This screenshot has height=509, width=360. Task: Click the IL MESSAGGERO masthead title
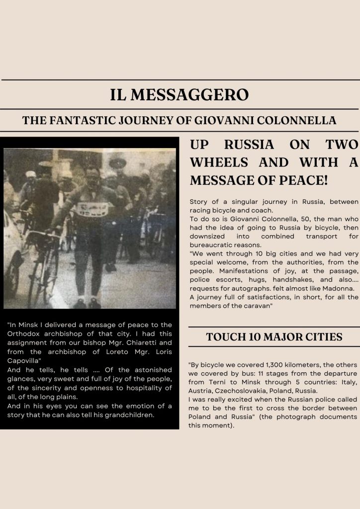click(180, 94)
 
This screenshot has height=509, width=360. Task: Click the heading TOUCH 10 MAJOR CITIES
click(274, 337)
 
